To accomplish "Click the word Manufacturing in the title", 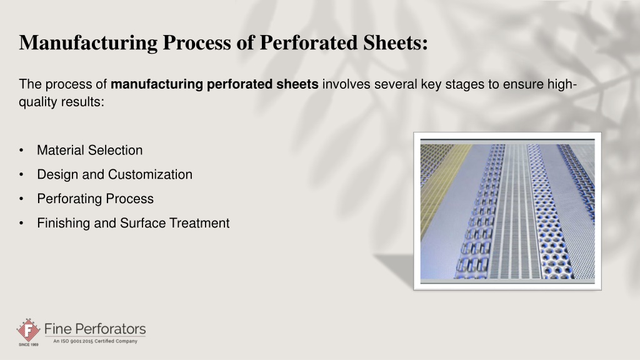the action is pyautogui.click(x=88, y=43).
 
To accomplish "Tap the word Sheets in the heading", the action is pyautogui.click(x=395, y=42).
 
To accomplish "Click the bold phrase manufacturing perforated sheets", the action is pyautogui.click(x=214, y=84).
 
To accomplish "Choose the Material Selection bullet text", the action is pyautogui.click(x=90, y=150).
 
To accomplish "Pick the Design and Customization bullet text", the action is pyautogui.click(x=115, y=175).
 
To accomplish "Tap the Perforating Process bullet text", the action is pyautogui.click(x=96, y=199).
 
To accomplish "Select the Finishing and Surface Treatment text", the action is pyautogui.click(x=134, y=223).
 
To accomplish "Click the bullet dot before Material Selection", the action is pyautogui.click(x=21, y=151).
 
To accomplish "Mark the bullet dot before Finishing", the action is pyautogui.click(x=21, y=223).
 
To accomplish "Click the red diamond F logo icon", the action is pyautogui.click(x=28, y=330).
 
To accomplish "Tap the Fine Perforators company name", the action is pyautogui.click(x=95, y=329).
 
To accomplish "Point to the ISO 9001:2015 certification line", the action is pyautogui.click(x=95, y=341).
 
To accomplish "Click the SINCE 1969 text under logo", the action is pyautogui.click(x=29, y=345).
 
